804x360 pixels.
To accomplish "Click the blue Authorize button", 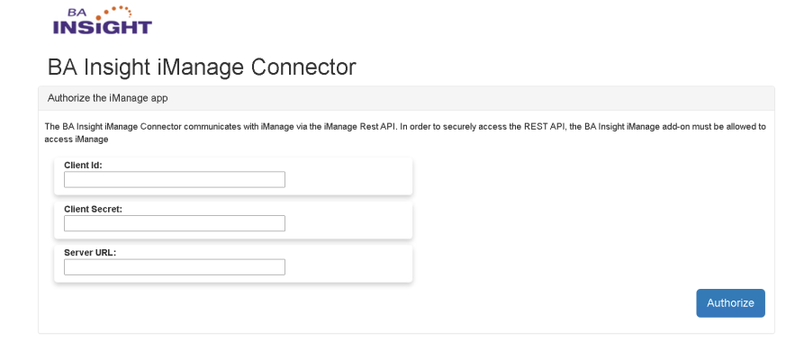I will point(730,303).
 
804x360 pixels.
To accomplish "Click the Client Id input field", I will point(174,180).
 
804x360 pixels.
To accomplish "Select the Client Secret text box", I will point(174,223).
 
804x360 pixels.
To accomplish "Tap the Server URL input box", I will point(174,267).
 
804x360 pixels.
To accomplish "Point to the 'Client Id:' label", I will point(83,165).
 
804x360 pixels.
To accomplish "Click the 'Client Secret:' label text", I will point(93,209).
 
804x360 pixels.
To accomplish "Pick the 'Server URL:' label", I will point(90,252).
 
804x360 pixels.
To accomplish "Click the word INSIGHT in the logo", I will point(103,27).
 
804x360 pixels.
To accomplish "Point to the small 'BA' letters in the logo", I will point(79,13).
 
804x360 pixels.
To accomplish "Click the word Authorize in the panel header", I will point(67,97).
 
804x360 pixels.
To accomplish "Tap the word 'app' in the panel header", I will point(159,97).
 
